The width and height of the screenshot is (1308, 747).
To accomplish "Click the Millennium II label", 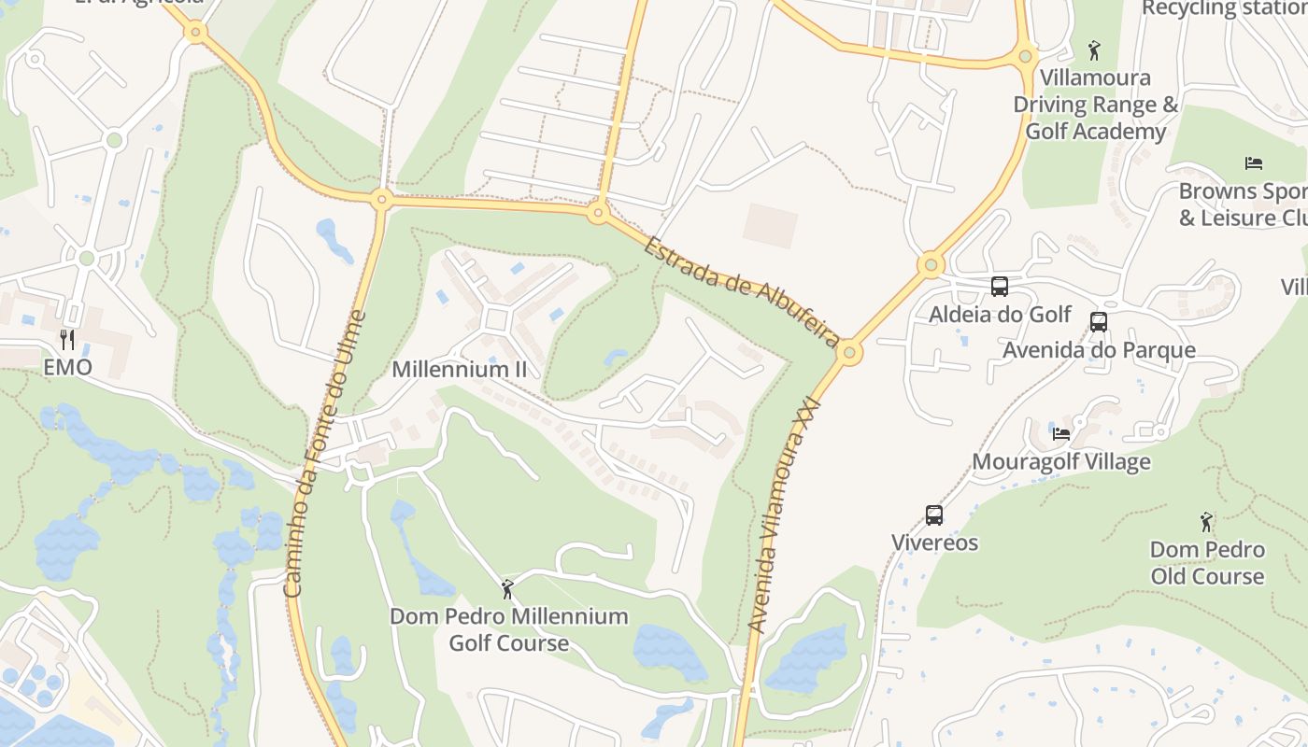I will coord(460,369).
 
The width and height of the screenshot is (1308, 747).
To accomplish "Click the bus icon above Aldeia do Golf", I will coord(1000,287).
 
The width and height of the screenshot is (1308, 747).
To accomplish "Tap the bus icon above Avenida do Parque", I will coord(1099,322).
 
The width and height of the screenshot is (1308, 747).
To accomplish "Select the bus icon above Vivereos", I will coord(934,514).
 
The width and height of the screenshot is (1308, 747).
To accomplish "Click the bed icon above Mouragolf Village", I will coord(1061,433).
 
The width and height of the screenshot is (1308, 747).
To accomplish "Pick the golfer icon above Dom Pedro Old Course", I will coord(1207,522).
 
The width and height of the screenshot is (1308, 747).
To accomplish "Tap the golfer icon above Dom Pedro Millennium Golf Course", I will coord(508,589).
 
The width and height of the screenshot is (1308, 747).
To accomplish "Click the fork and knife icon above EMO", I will coord(67,339).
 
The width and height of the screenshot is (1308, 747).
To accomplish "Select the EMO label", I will coord(68,367).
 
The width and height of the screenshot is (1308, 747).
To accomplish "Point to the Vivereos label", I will coord(934,543).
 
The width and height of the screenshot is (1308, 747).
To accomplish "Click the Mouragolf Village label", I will coord(1061,461).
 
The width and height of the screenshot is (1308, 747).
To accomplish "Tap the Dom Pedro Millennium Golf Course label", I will coord(509,629).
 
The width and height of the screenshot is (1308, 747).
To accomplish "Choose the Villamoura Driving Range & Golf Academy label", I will coord(1096,105).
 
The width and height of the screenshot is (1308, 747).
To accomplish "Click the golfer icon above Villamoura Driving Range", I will coord(1095,49).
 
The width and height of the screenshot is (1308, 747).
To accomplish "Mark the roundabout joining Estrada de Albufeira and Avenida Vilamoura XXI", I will coord(849,353).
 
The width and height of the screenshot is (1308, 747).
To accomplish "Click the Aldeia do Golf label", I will coord(1000,314).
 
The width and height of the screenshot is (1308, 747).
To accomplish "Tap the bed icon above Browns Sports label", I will coord(1254,163).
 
